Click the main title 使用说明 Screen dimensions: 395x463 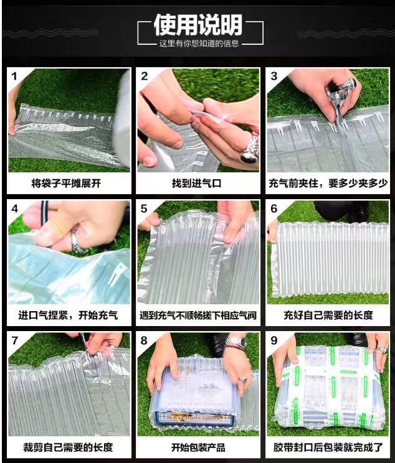click(198, 25)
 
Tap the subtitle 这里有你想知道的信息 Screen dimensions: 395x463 click(199, 44)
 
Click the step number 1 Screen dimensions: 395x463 click(14, 76)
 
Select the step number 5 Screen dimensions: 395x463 click(144, 208)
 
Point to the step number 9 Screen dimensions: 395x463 click(274, 340)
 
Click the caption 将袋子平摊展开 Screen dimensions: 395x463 click(66, 184)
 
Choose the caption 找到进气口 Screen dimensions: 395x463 click(197, 184)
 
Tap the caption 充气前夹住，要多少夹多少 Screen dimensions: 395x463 click(328, 184)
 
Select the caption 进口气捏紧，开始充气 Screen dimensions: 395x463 click(68, 316)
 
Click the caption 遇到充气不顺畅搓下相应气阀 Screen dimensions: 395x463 click(198, 316)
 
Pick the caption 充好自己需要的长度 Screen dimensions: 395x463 click(328, 316)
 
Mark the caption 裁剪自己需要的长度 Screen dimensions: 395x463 click(68, 447)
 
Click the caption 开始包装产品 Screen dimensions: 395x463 click(198, 447)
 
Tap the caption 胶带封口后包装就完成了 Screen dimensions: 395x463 click(328, 447)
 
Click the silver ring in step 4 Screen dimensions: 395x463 click(75, 241)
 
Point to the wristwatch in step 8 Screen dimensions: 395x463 click(237, 342)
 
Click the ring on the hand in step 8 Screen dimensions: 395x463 click(242, 379)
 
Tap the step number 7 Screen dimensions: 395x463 click(14, 340)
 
